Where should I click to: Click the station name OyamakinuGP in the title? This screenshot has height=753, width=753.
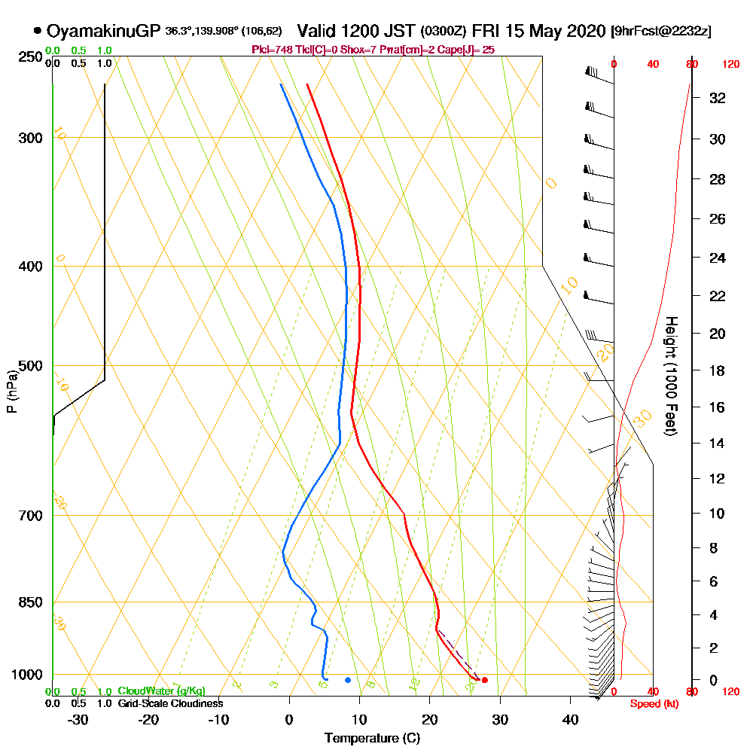(104, 31)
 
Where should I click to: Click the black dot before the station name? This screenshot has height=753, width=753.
(38, 31)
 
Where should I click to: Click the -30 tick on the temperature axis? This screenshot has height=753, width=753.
(78, 720)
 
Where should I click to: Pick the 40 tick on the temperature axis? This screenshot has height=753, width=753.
(570, 720)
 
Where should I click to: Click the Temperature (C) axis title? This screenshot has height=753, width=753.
(372, 739)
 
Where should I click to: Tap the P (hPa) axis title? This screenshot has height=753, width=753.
(11, 391)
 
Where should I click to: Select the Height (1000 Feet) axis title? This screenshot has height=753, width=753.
(671, 376)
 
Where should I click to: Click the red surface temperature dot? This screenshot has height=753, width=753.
(484, 680)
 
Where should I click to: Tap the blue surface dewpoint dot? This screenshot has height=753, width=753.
(348, 680)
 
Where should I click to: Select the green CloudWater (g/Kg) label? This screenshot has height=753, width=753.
(161, 691)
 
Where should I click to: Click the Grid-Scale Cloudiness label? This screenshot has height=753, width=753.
(170, 703)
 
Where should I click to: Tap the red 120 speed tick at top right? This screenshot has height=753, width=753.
(730, 65)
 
